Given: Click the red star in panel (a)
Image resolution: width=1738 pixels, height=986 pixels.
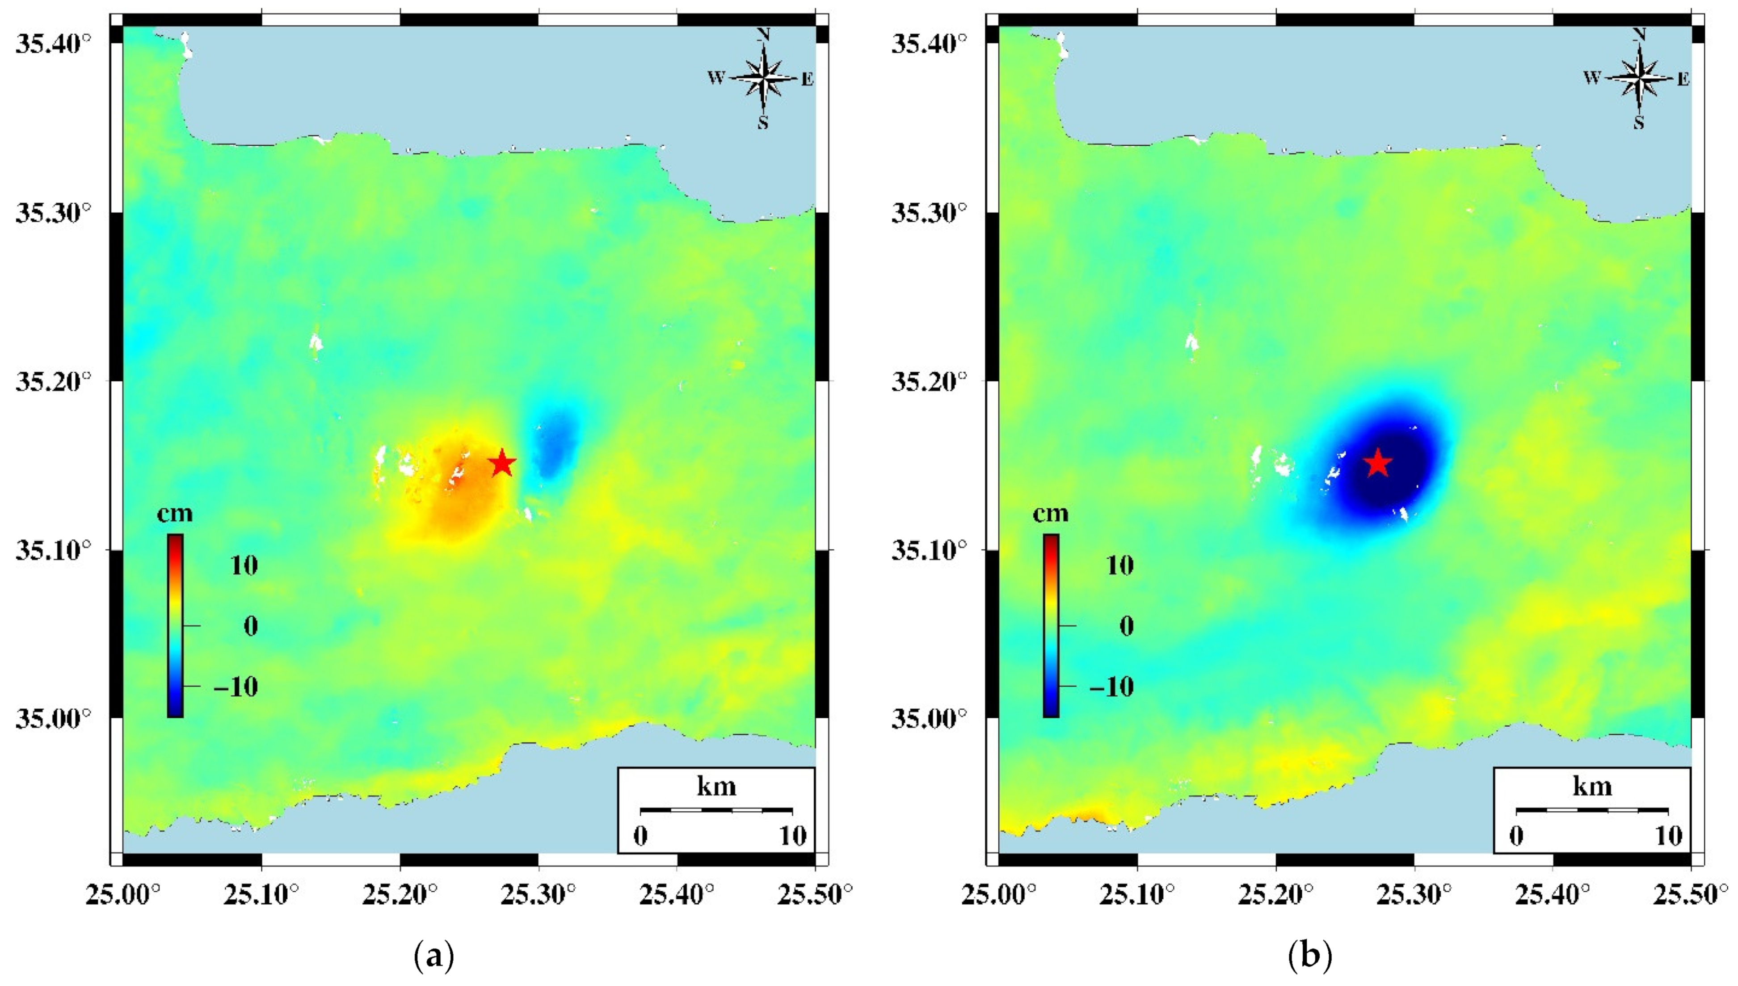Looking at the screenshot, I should (502, 464).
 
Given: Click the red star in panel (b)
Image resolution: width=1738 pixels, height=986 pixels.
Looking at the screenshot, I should (1378, 464).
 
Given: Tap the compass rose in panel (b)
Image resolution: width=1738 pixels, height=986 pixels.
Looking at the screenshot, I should (1639, 79).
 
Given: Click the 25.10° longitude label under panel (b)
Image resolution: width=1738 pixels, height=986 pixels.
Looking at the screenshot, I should (1137, 895).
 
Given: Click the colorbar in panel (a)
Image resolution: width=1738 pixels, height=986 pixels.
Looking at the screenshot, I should (175, 625).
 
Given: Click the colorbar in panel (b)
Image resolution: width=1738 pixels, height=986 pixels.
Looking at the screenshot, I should (1051, 625).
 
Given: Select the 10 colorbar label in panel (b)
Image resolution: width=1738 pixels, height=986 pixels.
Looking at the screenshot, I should (1120, 565).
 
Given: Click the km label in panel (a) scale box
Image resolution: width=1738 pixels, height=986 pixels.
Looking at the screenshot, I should (716, 786).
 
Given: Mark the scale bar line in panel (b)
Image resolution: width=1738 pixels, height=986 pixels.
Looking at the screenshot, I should (1592, 810).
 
